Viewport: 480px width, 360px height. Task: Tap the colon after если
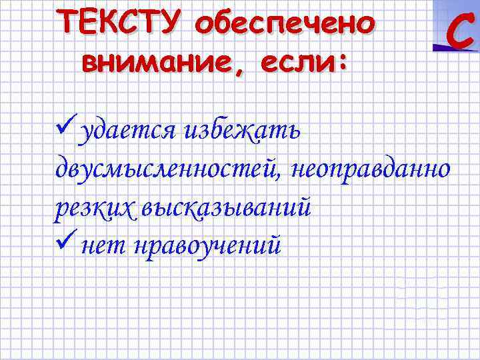(343, 63)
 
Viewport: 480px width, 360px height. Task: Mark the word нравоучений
(207, 247)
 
